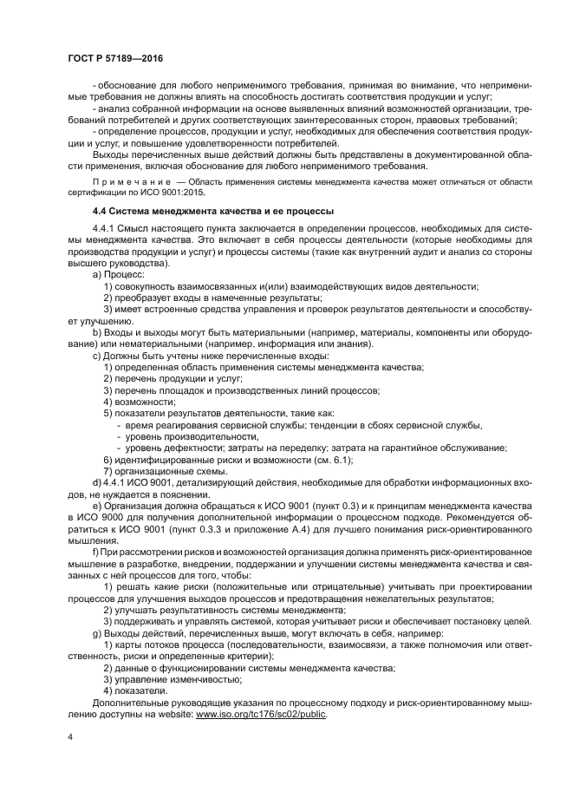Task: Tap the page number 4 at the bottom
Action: pos(71,736)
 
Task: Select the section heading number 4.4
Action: pos(101,212)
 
